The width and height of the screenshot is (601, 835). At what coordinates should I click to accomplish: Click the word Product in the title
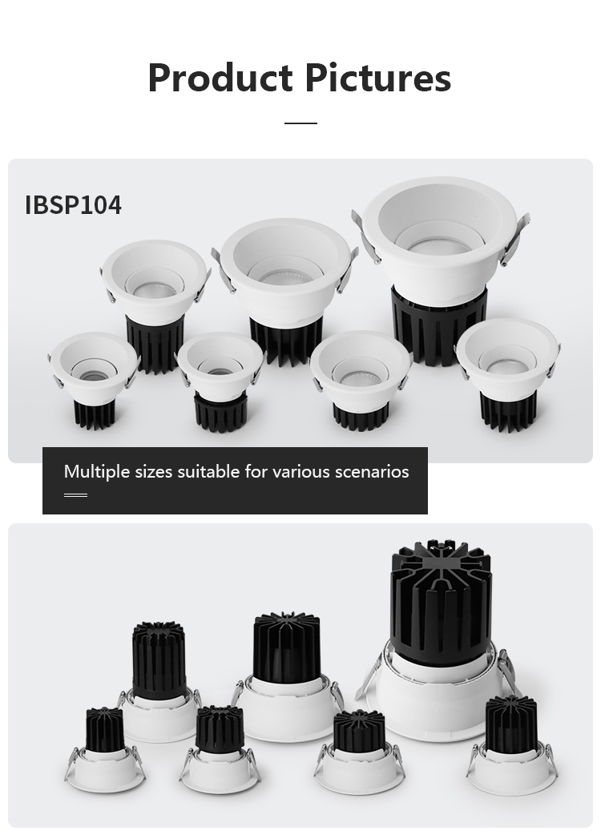pos(220,78)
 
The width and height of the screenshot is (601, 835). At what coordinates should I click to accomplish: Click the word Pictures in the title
pos(378,78)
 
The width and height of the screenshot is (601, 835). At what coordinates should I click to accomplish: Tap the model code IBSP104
pos(74,205)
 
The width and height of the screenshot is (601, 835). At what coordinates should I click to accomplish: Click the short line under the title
pos(300,123)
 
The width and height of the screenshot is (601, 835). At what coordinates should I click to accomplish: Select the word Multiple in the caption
pos(97,472)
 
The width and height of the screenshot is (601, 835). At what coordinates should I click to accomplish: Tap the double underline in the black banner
pos(75,494)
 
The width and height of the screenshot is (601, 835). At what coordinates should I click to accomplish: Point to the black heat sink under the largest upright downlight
pos(439,324)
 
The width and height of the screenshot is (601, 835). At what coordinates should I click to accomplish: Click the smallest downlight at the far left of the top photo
pos(95,378)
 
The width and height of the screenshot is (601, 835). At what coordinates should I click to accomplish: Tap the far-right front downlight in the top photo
pos(508,373)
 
